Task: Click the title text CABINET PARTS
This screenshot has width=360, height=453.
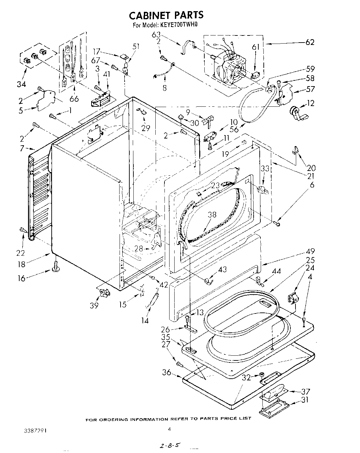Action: [166, 15]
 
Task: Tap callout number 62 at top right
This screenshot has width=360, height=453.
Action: [310, 42]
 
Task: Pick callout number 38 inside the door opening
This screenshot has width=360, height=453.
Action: [212, 215]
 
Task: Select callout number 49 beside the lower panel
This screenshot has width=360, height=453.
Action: [310, 251]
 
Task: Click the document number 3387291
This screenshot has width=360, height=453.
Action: [35, 431]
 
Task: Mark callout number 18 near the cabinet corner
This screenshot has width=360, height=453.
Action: [21, 264]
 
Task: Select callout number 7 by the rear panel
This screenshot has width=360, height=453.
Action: [22, 148]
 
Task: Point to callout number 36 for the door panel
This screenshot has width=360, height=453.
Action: [166, 373]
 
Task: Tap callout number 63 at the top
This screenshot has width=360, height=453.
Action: [156, 34]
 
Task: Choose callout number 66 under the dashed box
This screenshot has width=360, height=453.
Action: [74, 99]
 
